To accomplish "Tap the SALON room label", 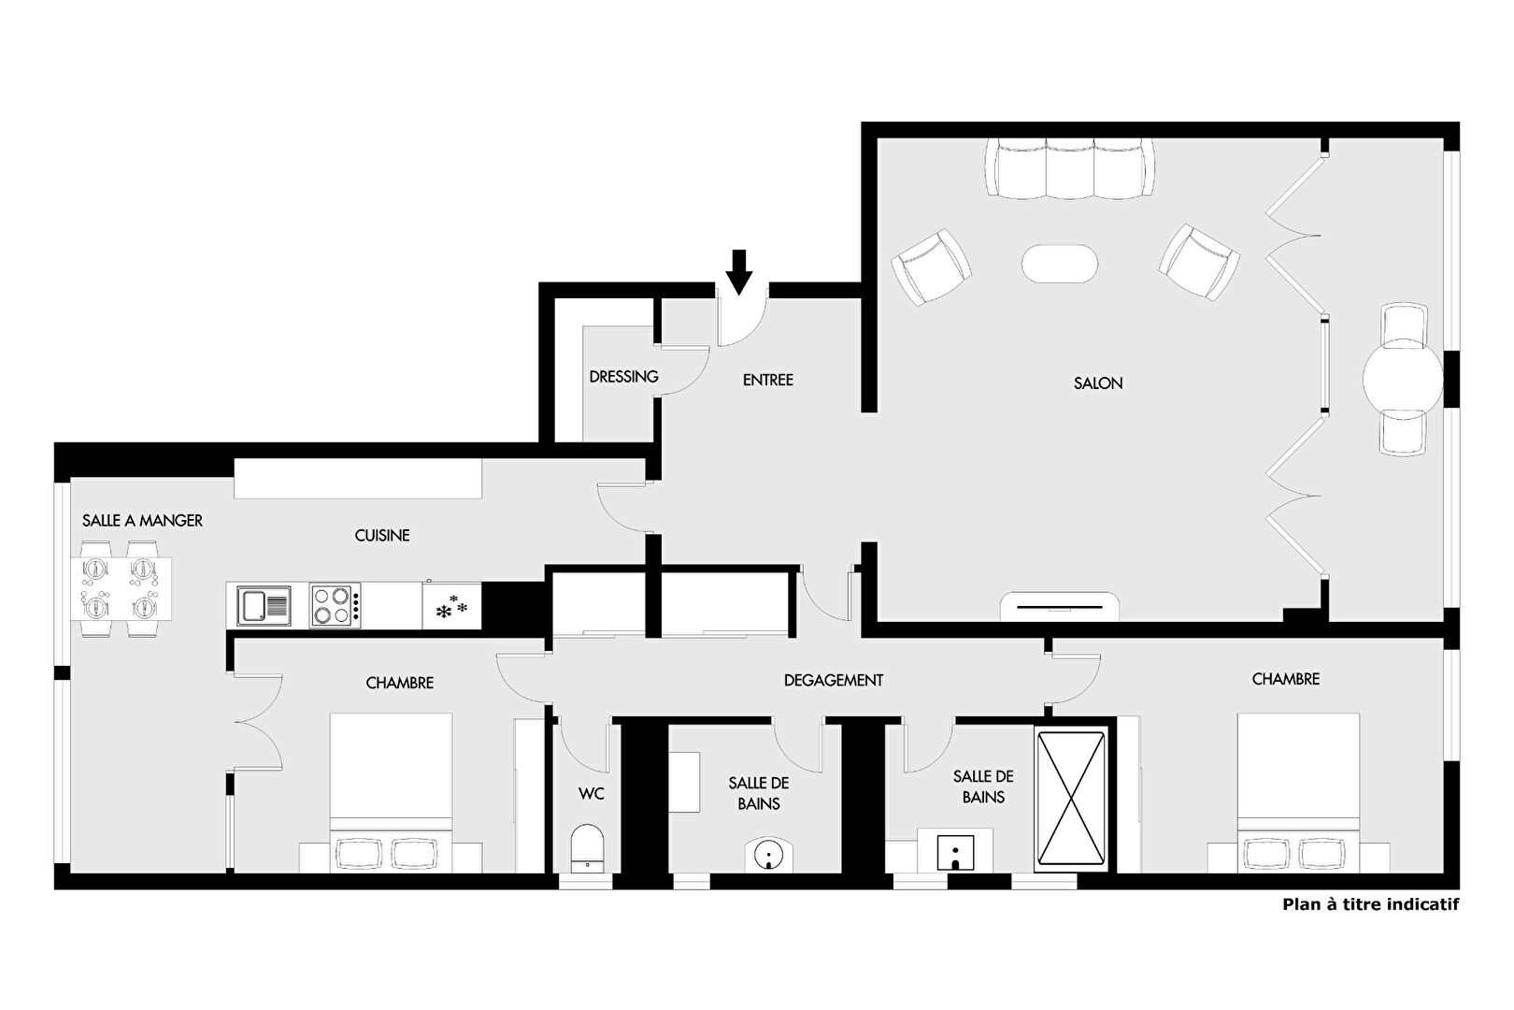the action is click(x=1098, y=383).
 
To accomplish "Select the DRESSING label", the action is click(x=624, y=377).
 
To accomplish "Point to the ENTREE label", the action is click(x=768, y=381).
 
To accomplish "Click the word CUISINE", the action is click(x=382, y=536).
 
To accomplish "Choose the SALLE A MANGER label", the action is click(x=143, y=521).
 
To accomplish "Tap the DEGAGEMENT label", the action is click(x=834, y=681).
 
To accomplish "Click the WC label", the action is click(x=592, y=794).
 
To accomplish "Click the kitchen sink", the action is click(x=264, y=606).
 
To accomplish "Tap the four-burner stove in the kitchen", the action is click(x=336, y=606).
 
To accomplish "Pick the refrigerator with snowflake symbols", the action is click(x=452, y=606).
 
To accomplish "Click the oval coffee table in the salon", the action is click(x=1060, y=264).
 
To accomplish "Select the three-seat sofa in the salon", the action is click(x=1069, y=168).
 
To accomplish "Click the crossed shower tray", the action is click(x=1071, y=799).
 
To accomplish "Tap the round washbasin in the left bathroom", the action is click(x=768, y=855).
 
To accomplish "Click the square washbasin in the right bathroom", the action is click(x=956, y=852).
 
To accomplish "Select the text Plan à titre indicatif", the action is click(x=1371, y=904).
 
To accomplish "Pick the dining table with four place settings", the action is click(x=121, y=588).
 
